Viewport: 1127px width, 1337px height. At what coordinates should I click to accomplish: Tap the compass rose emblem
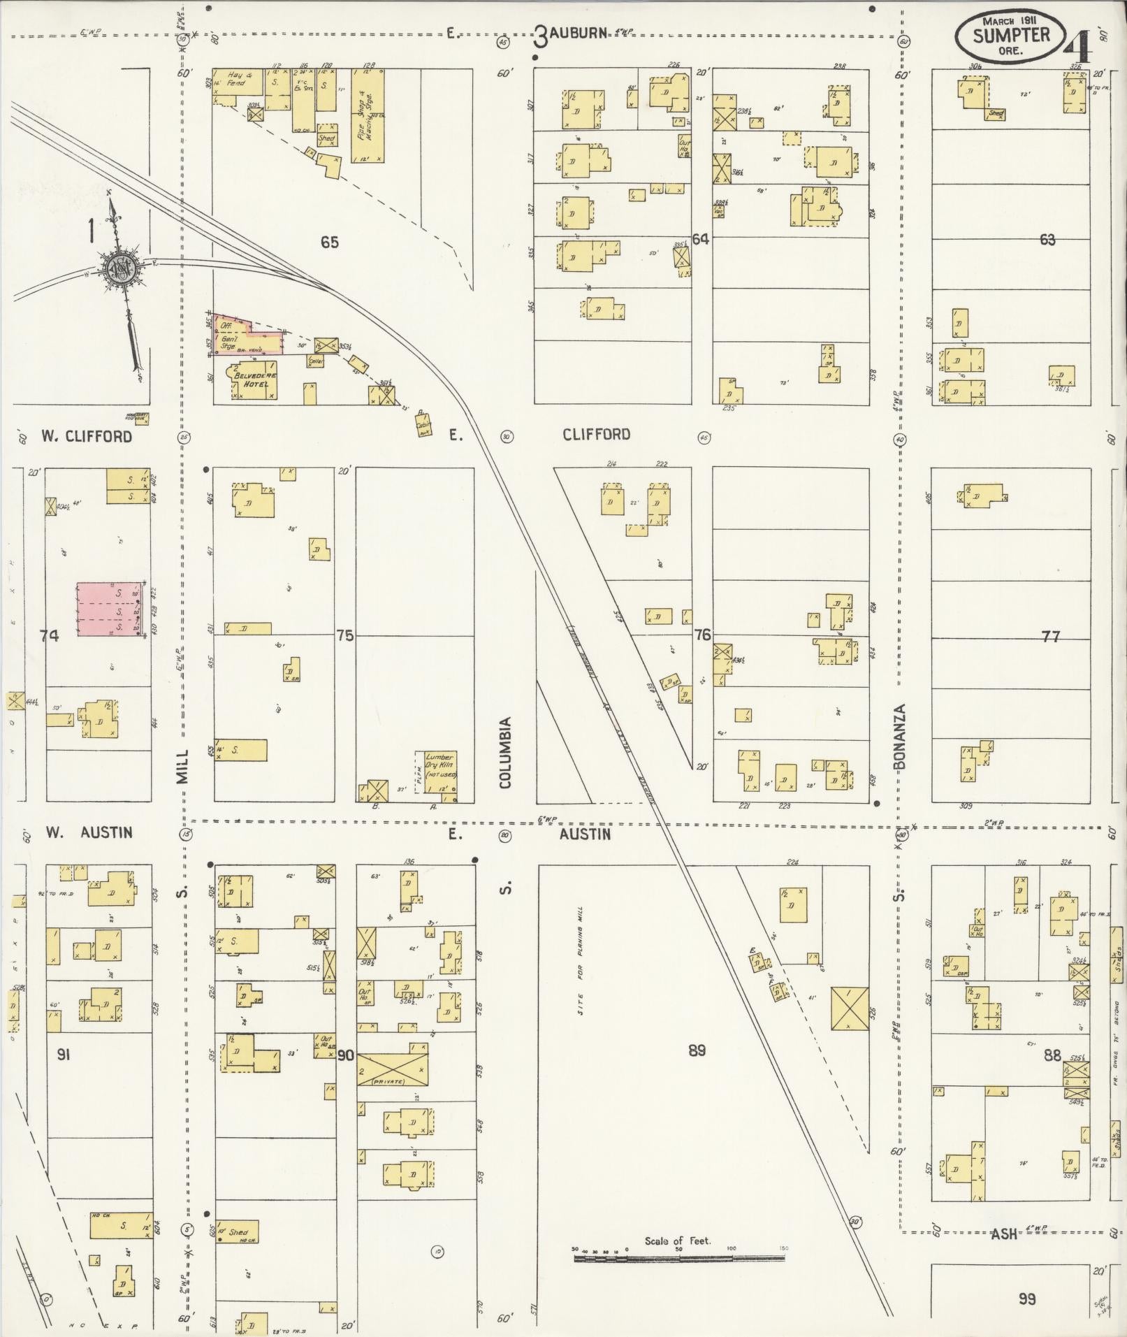pyautogui.click(x=118, y=266)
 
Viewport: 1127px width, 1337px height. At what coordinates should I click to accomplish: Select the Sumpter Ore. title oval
pyautogui.click(x=1011, y=35)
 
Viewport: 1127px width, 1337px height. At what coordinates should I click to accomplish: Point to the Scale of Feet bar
pyautogui.click(x=678, y=1258)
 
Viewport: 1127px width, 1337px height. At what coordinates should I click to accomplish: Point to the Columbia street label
pyautogui.click(x=505, y=752)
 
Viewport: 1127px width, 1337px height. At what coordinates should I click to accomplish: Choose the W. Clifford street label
pyautogui.click(x=86, y=436)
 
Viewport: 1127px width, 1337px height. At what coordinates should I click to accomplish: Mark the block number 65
pyautogui.click(x=329, y=242)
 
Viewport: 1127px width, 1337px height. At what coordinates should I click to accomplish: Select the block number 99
pyautogui.click(x=1026, y=1299)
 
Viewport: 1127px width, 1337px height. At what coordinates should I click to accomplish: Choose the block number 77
pyautogui.click(x=1050, y=636)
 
